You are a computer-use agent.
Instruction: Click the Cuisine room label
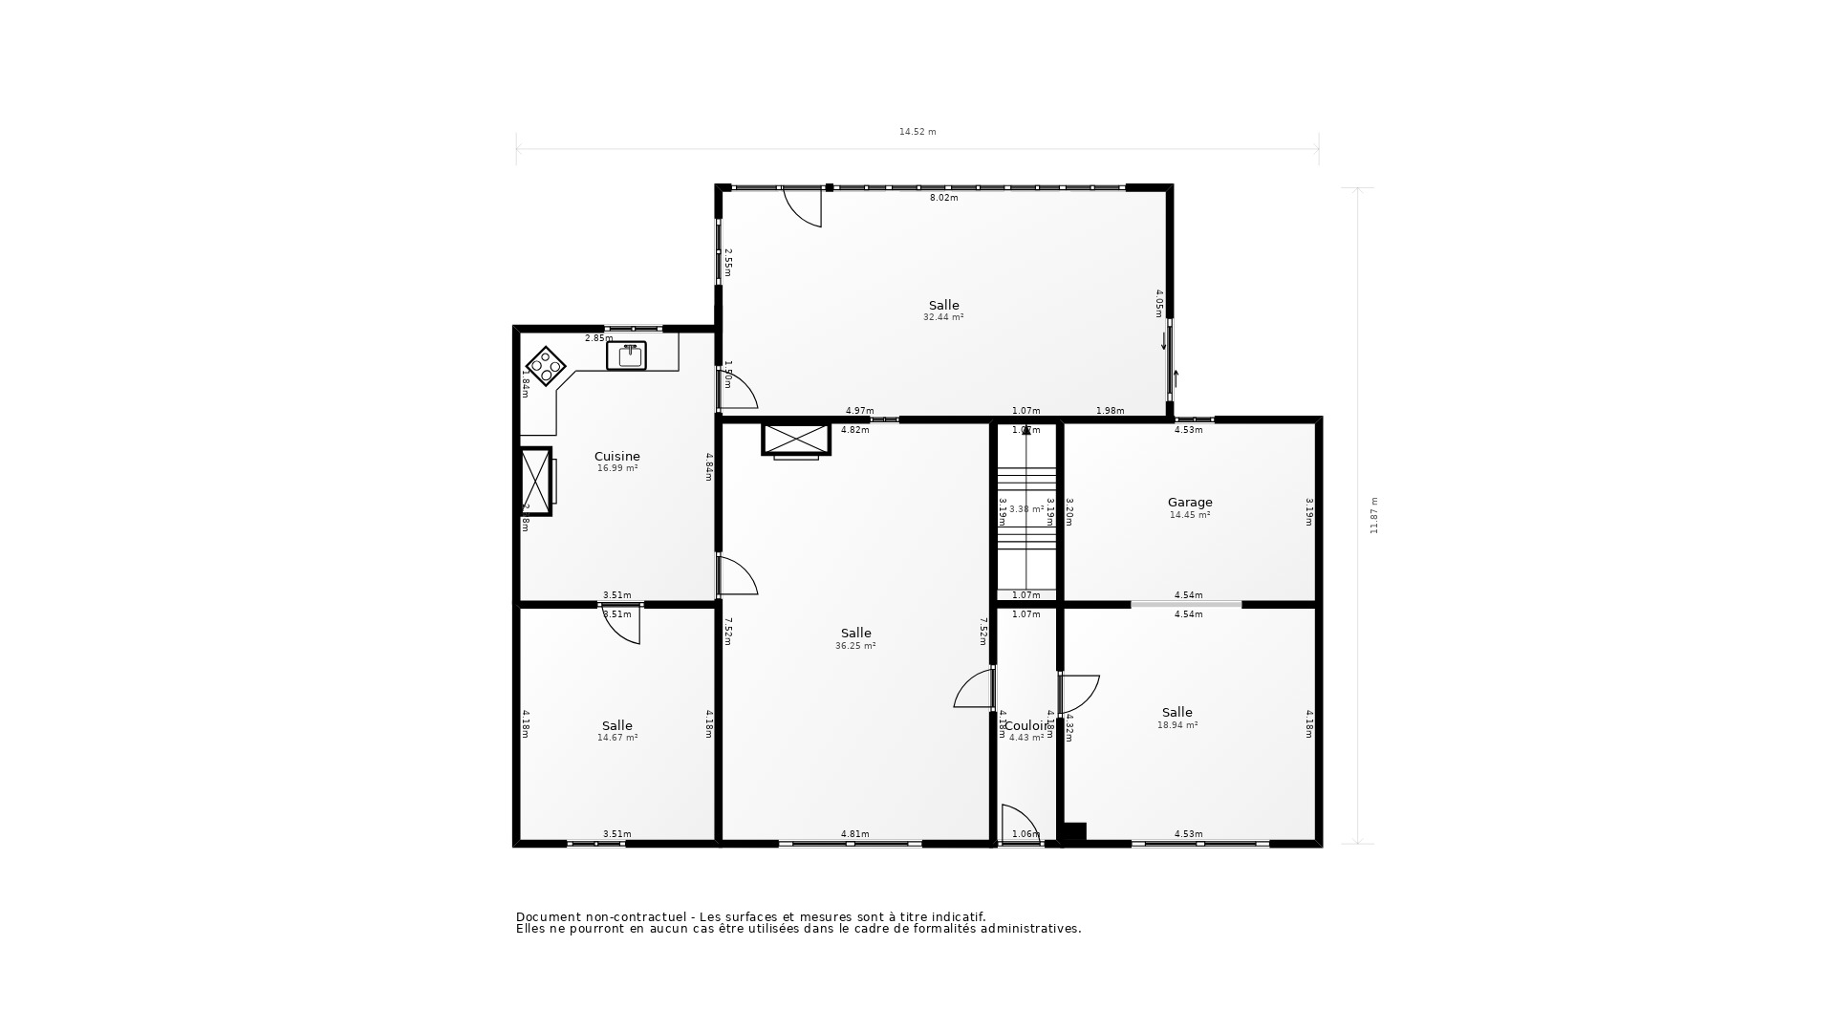[616, 457]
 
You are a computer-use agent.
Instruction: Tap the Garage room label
[1190, 503]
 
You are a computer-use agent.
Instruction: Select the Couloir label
[1026, 725]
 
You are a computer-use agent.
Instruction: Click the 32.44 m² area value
[943, 317]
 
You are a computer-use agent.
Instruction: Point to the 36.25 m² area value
[855, 646]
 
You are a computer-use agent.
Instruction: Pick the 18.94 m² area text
[1177, 725]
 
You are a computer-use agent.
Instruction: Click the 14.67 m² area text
[617, 738]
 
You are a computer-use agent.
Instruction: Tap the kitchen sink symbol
[627, 355]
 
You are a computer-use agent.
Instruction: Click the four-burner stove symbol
[547, 366]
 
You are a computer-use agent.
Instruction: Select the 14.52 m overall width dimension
[917, 132]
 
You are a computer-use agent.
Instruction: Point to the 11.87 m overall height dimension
[1374, 515]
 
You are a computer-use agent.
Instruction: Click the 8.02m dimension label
[943, 198]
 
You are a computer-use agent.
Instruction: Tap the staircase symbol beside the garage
[1026, 508]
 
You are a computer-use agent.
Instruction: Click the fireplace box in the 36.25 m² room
[795, 440]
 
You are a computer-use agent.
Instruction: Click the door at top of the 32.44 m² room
[803, 206]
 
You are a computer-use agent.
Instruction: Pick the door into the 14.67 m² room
[621, 623]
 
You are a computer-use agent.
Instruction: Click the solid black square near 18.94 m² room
[1074, 833]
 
